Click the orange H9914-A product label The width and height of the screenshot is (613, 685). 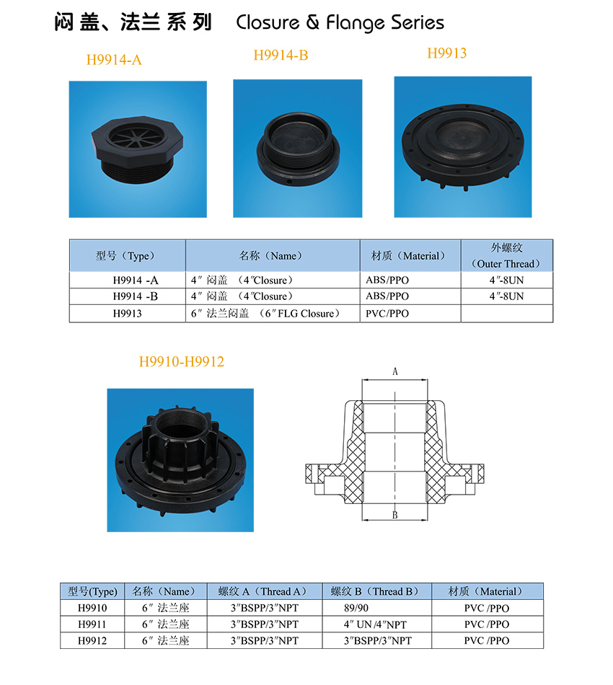[x=114, y=59]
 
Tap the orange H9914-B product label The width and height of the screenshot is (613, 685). [x=281, y=55]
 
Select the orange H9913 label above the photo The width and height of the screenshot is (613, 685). [x=447, y=53]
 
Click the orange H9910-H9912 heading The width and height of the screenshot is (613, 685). [x=181, y=361]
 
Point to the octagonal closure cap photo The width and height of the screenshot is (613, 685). [x=137, y=149]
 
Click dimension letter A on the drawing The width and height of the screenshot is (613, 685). [x=395, y=371]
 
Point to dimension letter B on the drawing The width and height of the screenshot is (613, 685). [x=395, y=515]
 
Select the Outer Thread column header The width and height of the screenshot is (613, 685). [x=506, y=255]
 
